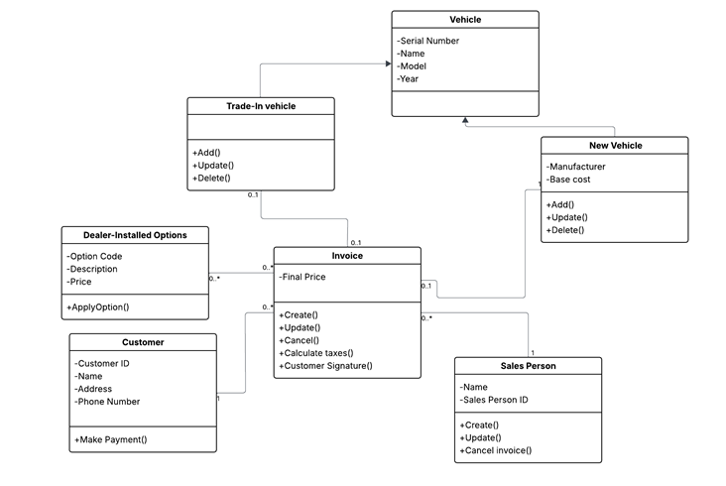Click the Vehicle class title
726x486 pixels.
click(465, 20)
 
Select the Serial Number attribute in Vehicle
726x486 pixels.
click(427, 41)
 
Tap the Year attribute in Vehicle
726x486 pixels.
click(408, 78)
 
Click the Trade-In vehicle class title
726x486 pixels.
click(261, 106)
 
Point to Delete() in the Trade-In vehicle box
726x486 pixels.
click(211, 179)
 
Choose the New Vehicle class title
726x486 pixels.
click(615, 146)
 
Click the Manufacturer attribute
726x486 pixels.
click(575, 167)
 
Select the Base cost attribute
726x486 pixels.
click(568, 180)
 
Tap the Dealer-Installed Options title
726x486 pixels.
click(135, 235)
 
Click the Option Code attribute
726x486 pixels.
click(94, 257)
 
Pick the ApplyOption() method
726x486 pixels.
click(98, 306)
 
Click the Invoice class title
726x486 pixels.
click(347, 256)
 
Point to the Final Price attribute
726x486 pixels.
click(302, 277)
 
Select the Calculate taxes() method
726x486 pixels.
click(316, 353)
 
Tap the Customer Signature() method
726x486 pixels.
click(325, 366)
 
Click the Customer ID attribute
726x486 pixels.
click(102, 363)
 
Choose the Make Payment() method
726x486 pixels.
click(111, 439)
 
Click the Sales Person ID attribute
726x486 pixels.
click(494, 400)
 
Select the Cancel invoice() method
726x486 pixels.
click(496, 450)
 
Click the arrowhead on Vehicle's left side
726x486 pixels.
click(389, 63)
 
